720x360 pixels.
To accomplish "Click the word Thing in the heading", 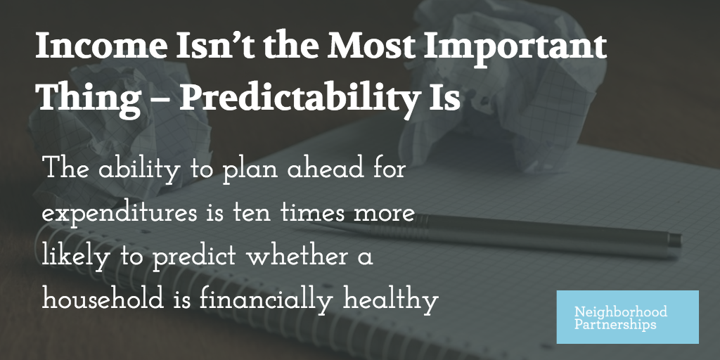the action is tap(88, 97).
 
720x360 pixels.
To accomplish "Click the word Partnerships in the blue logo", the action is tap(615, 326).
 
